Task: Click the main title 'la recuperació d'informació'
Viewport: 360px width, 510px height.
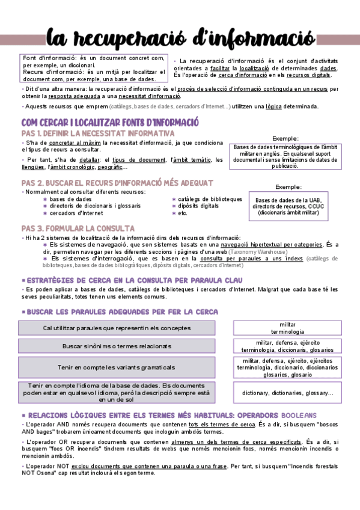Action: coord(180,37)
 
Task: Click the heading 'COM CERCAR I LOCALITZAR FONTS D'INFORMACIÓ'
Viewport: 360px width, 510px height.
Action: coord(110,122)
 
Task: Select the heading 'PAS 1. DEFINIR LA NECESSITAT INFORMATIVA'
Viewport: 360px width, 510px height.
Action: coord(98,133)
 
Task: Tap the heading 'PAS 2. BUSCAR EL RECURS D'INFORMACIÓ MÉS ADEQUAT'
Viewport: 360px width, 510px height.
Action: coord(117,182)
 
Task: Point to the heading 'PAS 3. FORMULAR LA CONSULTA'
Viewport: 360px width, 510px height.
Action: coord(78,229)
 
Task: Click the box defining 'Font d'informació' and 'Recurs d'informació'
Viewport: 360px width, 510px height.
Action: coord(93,69)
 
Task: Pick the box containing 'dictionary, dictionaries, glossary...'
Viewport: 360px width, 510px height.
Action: coord(288,393)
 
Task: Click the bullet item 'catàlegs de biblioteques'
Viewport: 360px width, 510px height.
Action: coord(210,199)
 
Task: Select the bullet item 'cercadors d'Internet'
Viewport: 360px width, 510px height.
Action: coord(76,213)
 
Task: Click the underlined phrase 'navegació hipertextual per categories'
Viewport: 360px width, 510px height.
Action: coord(271,245)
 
